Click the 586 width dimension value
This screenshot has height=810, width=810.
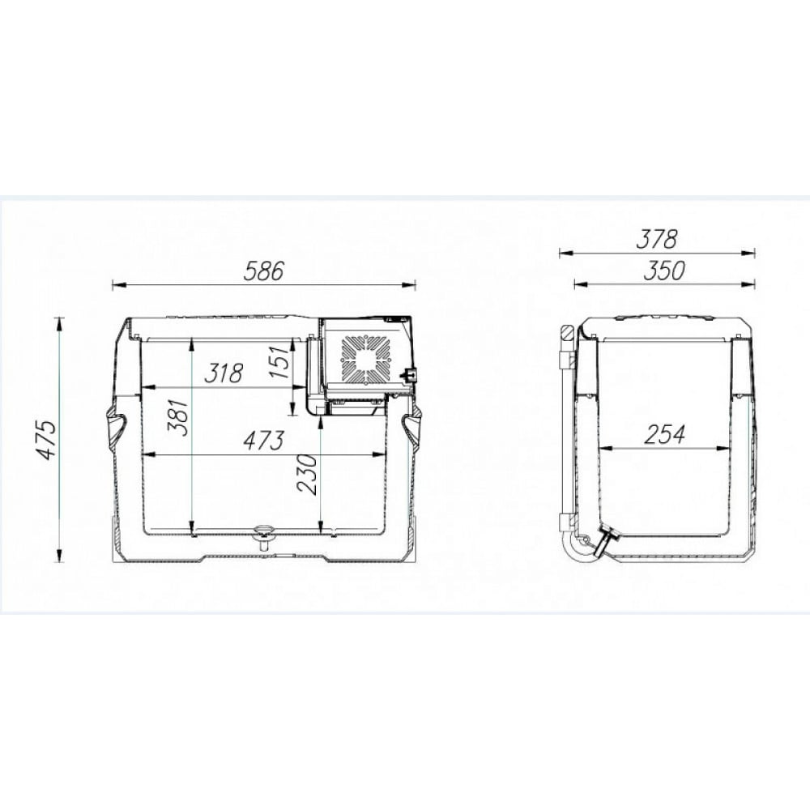[x=264, y=271]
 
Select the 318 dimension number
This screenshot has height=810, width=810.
[x=224, y=373]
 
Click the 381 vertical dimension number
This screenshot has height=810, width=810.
[x=176, y=417]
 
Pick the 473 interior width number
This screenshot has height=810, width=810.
[x=263, y=441]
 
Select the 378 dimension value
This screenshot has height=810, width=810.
[x=656, y=239]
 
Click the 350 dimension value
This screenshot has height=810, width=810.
[x=664, y=271]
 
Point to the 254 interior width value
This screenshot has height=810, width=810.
[x=664, y=434]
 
